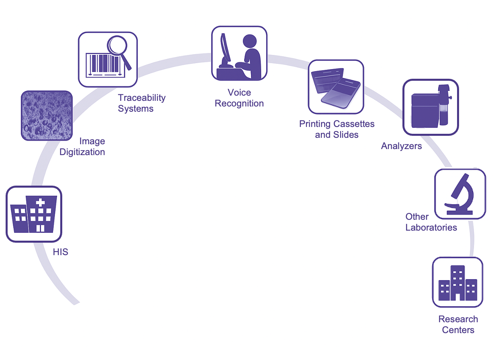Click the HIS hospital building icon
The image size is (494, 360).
click(34, 214)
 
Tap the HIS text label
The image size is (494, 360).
click(61, 252)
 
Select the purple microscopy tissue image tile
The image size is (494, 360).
click(47, 116)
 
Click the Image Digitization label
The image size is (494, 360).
click(82, 147)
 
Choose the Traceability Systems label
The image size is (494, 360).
click(141, 103)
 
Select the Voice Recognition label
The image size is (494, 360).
click(239, 98)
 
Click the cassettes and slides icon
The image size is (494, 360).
click(336, 87)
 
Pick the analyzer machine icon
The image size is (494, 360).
click(430, 107)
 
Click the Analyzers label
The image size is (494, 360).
click(401, 146)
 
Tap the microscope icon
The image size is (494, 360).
click(460, 194)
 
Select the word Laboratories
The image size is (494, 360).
click(431, 227)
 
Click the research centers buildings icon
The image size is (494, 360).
click(457, 282)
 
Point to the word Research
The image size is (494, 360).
click(458, 319)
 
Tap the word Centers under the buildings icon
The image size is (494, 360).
click(458, 330)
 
